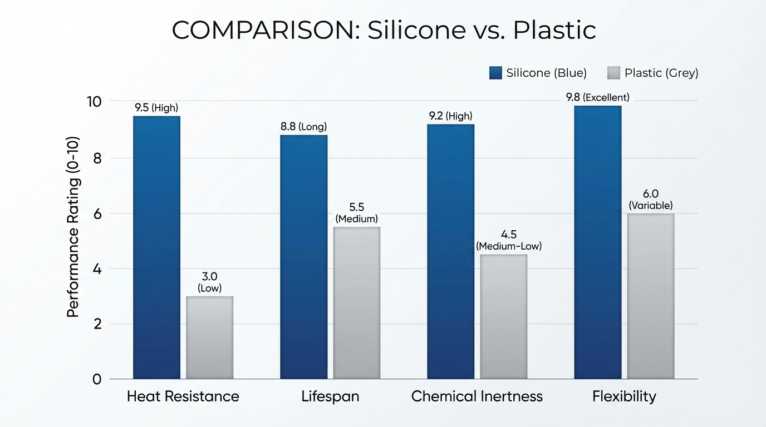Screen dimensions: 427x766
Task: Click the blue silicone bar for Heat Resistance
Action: (x=156, y=247)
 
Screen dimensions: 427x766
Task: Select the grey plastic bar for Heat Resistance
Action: (x=209, y=337)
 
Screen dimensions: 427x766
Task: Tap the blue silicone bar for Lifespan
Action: (x=303, y=257)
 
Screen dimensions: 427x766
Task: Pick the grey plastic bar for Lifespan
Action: (x=356, y=303)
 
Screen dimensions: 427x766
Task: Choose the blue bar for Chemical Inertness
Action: (x=450, y=251)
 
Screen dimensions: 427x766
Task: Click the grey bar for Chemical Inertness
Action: (x=503, y=317)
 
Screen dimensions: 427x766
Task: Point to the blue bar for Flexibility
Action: (x=597, y=242)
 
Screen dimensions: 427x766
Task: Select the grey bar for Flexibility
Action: (x=650, y=296)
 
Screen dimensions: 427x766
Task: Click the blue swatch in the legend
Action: (x=495, y=73)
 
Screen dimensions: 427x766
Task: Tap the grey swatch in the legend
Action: (x=613, y=73)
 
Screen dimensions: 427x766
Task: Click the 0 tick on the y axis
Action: (x=97, y=379)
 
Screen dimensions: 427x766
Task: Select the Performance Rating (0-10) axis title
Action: (x=73, y=226)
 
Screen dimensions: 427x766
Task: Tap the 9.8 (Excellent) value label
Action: (x=597, y=97)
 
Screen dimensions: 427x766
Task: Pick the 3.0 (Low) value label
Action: (x=209, y=282)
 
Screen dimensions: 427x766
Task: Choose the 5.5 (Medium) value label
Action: (x=356, y=212)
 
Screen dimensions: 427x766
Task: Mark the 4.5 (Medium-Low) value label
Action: (x=508, y=240)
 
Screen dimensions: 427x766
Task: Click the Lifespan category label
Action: (x=330, y=396)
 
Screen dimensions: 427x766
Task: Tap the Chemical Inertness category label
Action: (x=477, y=396)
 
